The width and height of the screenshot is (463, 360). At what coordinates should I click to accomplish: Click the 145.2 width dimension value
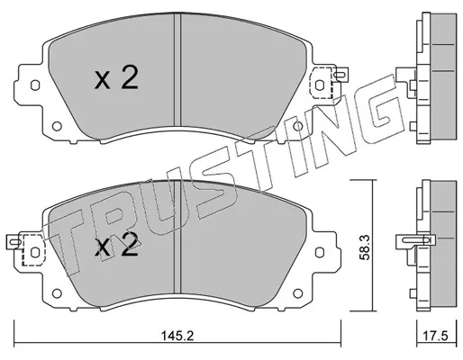(177, 336)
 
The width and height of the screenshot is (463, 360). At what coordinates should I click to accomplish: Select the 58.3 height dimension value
(365, 247)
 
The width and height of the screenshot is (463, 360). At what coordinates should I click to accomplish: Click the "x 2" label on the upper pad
(116, 78)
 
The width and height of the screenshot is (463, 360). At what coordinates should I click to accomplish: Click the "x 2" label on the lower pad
(116, 245)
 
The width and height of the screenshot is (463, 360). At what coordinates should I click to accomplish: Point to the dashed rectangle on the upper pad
(321, 83)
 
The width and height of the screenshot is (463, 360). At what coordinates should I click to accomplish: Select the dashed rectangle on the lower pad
(33, 250)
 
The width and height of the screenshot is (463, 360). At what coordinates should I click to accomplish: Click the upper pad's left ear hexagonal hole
(35, 85)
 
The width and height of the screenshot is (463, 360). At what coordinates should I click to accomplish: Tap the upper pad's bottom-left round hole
(57, 126)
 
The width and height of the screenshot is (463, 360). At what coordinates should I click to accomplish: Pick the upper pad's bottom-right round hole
(297, 126)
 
